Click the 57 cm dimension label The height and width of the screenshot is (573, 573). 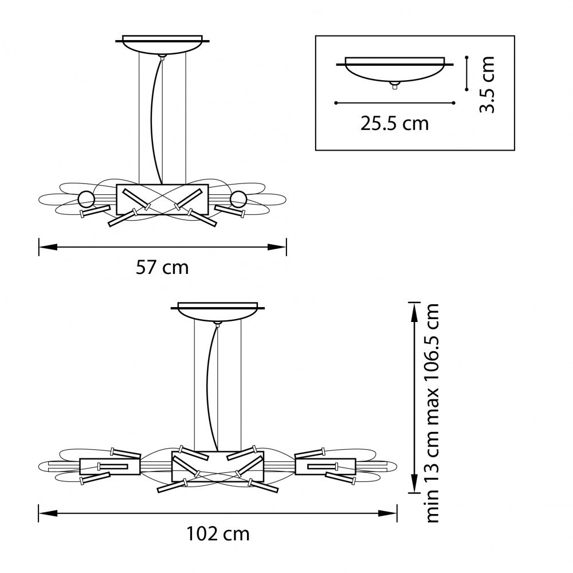(162, 268)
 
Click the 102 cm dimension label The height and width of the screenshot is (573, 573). (218, 534)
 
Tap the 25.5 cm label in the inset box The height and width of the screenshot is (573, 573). (394, 124)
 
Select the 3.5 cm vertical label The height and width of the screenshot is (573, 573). (487, 84)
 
